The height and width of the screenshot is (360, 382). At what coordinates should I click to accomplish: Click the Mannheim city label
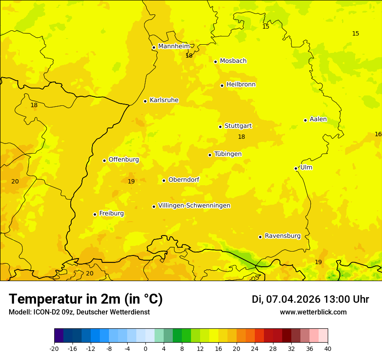coord(174,46)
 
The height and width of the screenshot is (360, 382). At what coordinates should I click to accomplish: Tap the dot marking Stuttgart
coord(220,127)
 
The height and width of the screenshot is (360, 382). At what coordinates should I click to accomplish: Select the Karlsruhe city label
coord(164,100)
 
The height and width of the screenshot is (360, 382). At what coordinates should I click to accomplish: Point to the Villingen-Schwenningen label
coord(194,206)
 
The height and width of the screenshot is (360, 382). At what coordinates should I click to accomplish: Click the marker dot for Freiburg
coord(95,214)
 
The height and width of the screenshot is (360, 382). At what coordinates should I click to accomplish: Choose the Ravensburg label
coord(282,236)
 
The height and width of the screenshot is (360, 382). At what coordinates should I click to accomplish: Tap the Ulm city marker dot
coord(296,168)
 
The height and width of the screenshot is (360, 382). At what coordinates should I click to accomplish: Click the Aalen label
coord(318,119)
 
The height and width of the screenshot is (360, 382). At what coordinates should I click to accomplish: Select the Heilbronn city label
coord(241,85)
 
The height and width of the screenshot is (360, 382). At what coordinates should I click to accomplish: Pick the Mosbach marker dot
coord(215,62)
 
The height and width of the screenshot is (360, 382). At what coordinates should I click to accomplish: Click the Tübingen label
coord(228,154)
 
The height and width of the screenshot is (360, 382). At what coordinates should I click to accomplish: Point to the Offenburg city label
coord(124,160)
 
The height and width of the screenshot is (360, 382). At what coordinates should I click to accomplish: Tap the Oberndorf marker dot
coord(164,180)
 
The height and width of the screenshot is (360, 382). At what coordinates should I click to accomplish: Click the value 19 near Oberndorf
coord(131,181)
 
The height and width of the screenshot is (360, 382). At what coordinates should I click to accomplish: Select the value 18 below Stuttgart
coord(241,137)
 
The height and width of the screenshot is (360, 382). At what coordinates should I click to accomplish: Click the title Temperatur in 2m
coord(86,299)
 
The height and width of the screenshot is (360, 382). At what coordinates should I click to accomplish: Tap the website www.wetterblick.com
coord(313,312)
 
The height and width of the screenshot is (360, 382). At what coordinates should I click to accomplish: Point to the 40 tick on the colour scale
coord(328,348)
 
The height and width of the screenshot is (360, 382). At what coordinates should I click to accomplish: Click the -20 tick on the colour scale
coord(54,348)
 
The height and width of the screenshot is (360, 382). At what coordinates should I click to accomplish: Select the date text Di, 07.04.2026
coord(286,299)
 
